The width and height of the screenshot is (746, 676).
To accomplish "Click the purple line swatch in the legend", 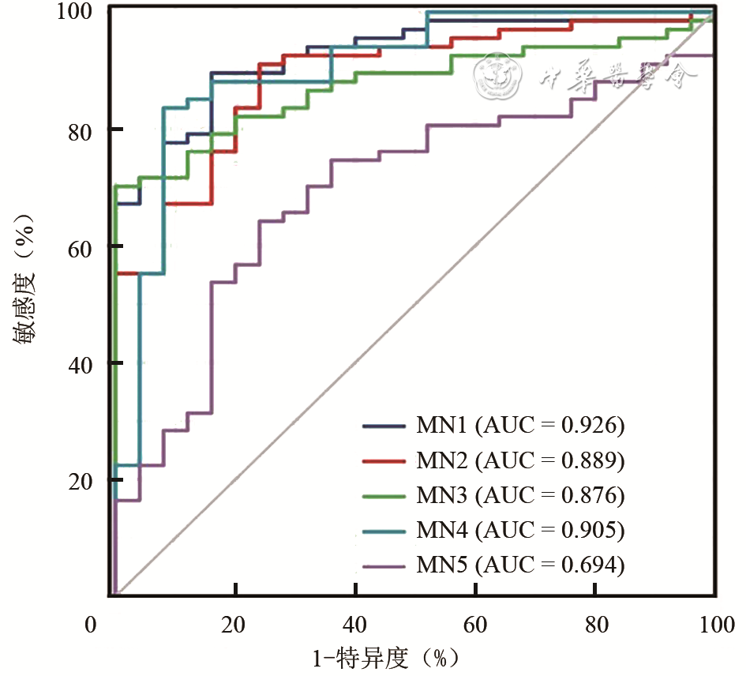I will pos(385,565).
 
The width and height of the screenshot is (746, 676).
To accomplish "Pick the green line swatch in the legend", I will pos(385,496).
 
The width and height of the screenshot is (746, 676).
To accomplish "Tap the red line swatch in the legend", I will pos(385,460).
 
